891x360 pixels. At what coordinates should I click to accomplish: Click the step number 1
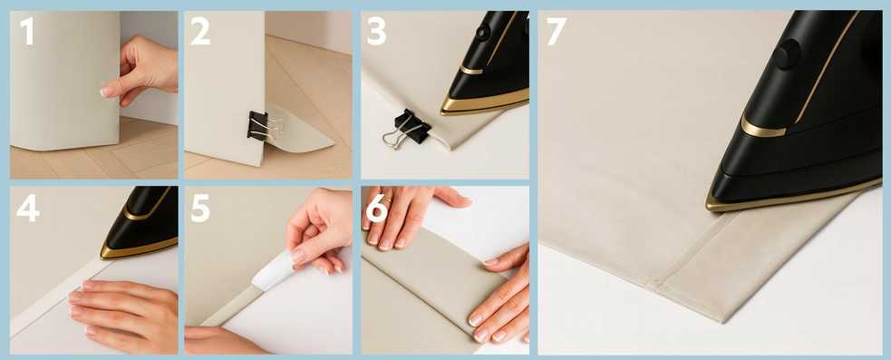[x=25, y=31]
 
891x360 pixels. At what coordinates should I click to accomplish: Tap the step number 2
[x=200, y=31]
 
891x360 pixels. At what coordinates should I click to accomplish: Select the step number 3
[x=377, y=31]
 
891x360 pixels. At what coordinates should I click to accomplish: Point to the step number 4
[x=28, y=209]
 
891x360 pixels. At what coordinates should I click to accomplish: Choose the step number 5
[x=200, y=209]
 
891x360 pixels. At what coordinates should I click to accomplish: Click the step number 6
[x=377, y=209]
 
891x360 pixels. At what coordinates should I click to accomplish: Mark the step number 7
[x=557, y=31]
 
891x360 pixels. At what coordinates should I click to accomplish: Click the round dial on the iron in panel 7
[x=788, y=54]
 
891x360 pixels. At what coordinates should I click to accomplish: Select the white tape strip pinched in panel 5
[x=274, y=270]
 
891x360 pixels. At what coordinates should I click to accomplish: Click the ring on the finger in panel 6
[x=387, y=199]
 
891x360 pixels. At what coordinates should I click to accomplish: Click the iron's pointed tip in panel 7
[x=709, y=205]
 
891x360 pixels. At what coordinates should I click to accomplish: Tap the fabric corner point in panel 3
[x=450, y=148]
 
